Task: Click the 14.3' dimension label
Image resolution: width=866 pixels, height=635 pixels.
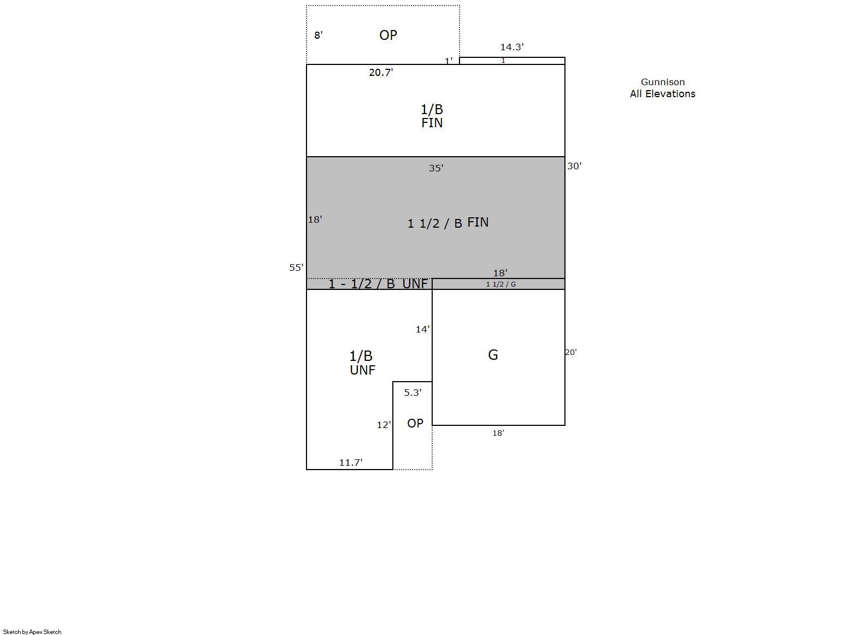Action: coord(512,47)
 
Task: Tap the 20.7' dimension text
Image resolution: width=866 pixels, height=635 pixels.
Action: coord(381,73)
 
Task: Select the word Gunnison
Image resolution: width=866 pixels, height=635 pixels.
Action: coord(663,82)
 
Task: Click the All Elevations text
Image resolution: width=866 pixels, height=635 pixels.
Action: coord(662,94)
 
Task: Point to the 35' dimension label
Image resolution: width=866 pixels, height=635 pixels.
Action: coord(436,168)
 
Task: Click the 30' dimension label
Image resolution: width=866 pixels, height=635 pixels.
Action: coord(574,166)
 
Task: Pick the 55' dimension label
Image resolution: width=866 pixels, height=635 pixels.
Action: coord(296,268)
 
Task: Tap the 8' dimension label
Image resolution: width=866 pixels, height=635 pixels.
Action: coord(318,35)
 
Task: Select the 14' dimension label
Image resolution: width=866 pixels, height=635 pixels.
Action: coord(422,329)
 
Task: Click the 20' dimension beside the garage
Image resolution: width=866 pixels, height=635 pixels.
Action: coord(571,352)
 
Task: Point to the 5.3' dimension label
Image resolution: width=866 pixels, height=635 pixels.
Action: coord(413,393)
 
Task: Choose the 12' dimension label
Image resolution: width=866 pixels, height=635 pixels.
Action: coord(384,425)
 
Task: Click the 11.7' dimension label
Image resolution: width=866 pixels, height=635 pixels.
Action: coord(351,462)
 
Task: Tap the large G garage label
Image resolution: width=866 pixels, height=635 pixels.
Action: coord(493,355)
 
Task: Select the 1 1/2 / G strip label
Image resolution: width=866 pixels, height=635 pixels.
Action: coord(500,284)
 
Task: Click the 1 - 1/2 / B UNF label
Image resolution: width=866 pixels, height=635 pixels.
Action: coord(378,284)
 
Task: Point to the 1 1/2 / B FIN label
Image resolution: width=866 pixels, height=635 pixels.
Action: coord(448,223)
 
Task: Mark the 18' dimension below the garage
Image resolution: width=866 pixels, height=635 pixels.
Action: coord(498,434)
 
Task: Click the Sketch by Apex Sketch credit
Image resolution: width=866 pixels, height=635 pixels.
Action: coord(32,632)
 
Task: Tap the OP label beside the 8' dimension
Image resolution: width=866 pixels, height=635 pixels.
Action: coord(388,35)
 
